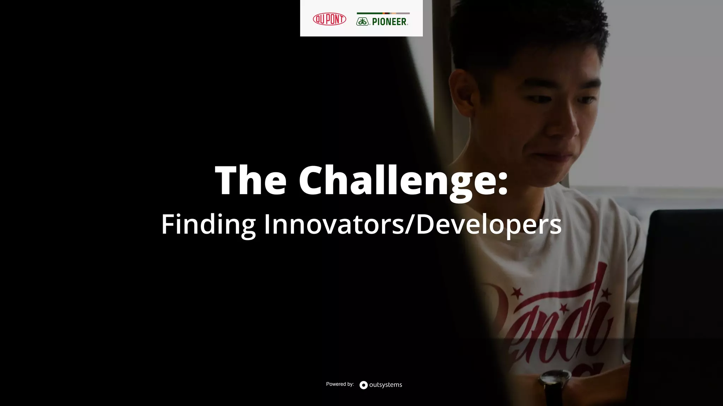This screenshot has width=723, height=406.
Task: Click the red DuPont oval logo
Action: (x=329, y=19)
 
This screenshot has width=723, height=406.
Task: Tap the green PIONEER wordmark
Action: (x=389, y=22)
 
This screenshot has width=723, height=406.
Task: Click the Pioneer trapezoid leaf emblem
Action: (x=362, y=22)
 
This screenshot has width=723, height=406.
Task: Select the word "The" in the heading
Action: (x=251, y=180)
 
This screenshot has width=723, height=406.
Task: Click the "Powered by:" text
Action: (x=340, y=384)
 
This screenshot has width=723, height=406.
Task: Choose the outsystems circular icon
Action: (x=364, y=385)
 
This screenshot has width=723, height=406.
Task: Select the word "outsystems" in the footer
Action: (x=386, y=385)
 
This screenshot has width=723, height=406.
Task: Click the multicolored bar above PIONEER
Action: (x=383, y=13)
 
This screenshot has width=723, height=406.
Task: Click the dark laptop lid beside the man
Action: (x=681, y=300)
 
